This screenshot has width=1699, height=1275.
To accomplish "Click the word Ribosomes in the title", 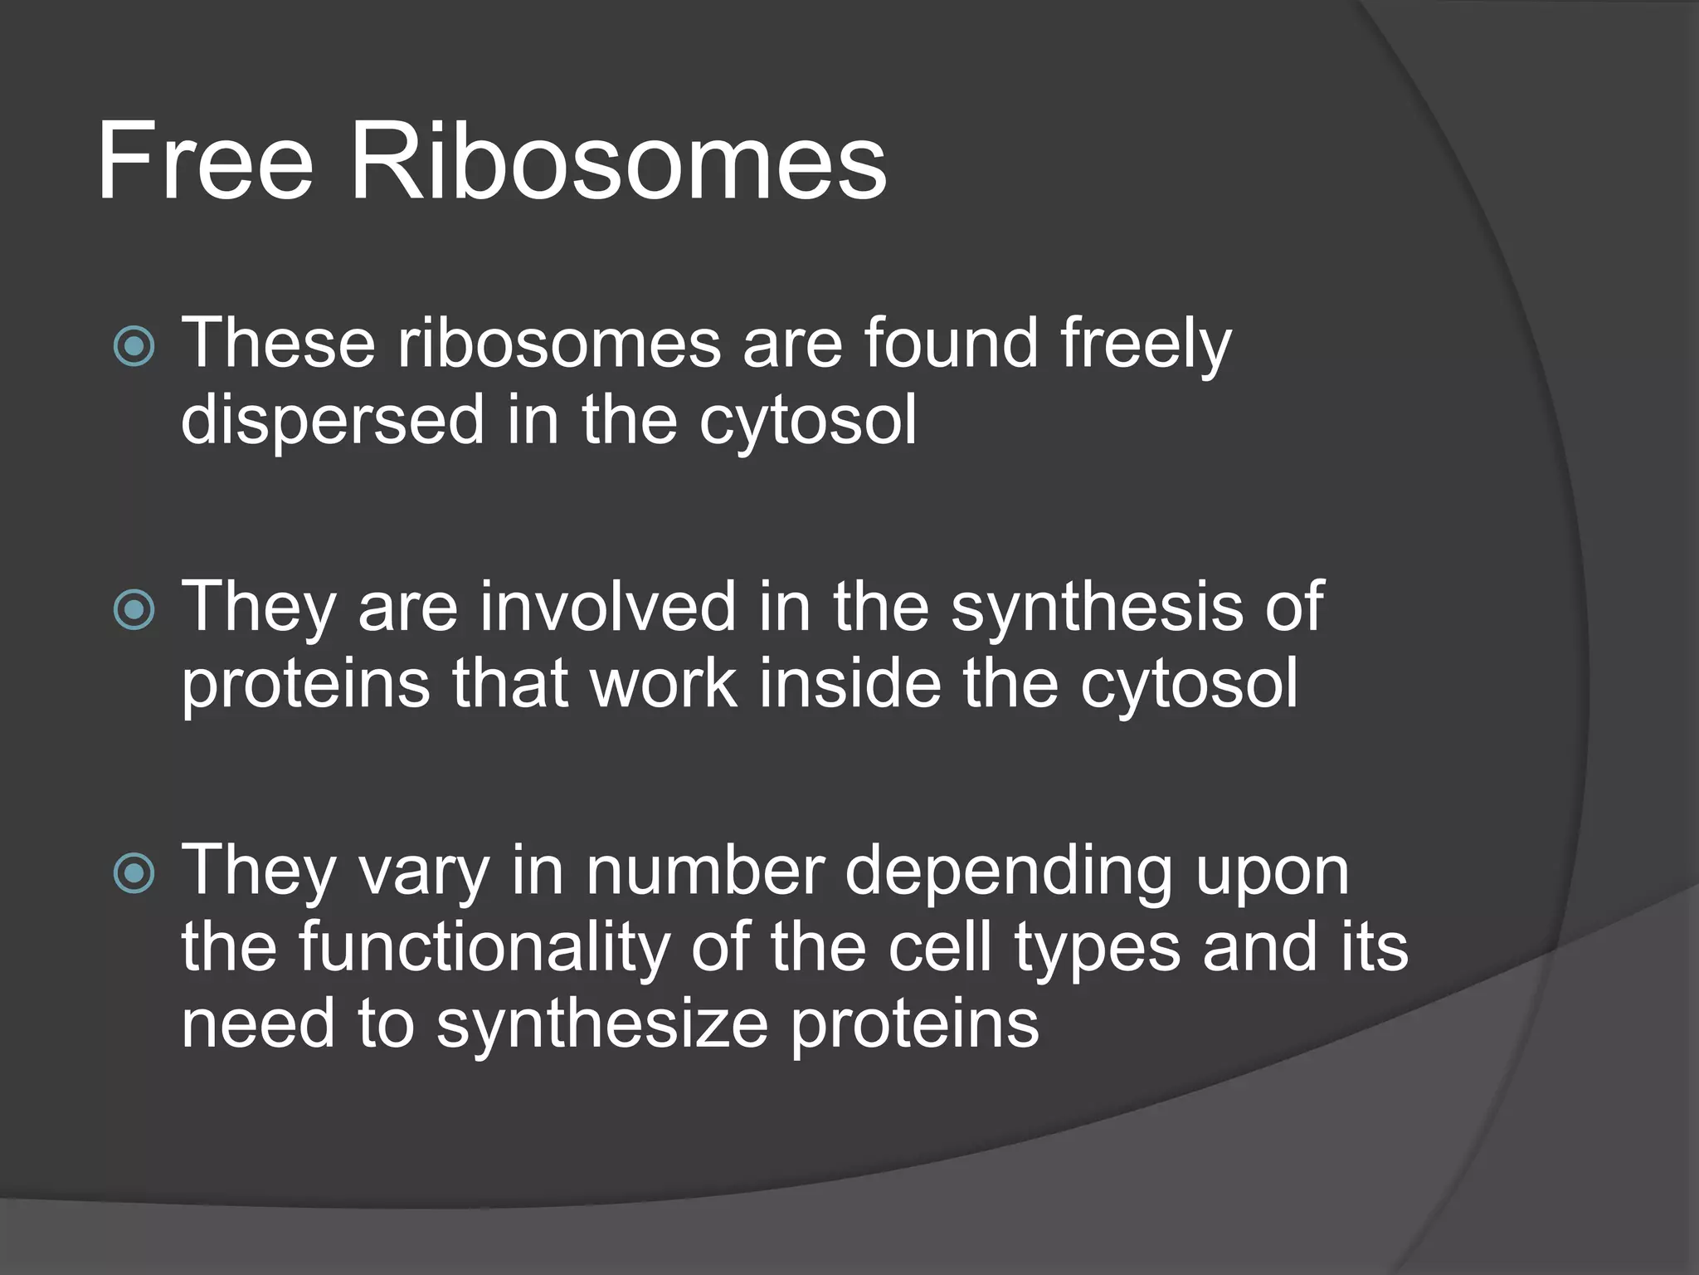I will pos(618,161).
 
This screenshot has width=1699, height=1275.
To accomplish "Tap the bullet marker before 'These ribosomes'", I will pos(134,345).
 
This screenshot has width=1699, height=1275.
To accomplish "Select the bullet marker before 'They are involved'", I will pos(134,610).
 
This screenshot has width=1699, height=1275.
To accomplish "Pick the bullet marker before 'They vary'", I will pos(134,872).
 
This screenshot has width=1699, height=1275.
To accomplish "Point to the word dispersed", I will pos(333,421).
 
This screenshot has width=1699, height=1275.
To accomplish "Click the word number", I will pos(704,871).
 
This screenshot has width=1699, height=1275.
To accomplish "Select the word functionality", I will pos(484,949).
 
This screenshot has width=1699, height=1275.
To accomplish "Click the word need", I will pos(258,1023).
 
